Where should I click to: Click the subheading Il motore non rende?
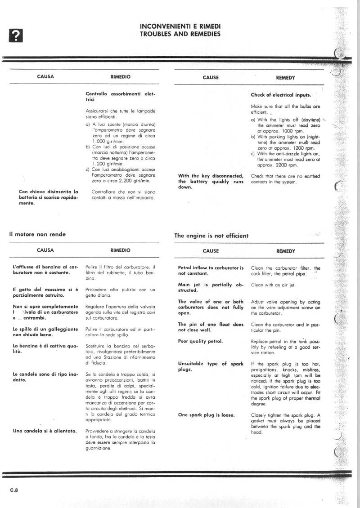tap(37, 234)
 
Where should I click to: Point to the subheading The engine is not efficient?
tap(211, 236)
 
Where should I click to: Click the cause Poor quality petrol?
tap(200, 341)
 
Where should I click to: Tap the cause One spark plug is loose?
tap(206, 415)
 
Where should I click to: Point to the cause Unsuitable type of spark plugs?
tap(210, 366)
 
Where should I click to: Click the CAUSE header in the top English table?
tap(211, 77)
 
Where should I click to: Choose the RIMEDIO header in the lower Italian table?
tap(120, 250)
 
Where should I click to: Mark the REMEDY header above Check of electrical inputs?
tap(285, 78)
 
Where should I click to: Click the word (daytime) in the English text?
tap(310, 120)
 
